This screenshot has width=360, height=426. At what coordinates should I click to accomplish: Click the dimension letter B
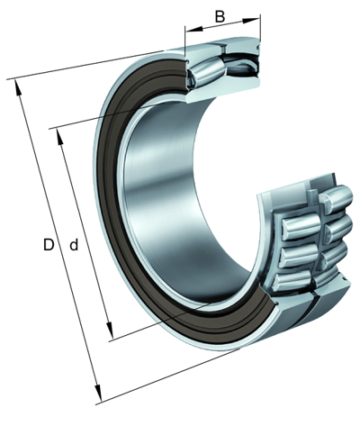click(220, 16)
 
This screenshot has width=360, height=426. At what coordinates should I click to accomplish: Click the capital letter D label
click(49, 245)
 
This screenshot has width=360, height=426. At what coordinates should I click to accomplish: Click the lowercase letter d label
click(74, 245)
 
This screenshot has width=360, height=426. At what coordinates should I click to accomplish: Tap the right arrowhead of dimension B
click(251, 21)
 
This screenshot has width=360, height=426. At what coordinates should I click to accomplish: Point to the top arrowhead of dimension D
click(17, 87)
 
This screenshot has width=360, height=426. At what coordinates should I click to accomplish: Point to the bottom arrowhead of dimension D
click(98, 392)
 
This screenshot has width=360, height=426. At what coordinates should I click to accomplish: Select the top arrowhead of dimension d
click(59, 137)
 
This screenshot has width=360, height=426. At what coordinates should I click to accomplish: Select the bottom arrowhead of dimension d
click(110, 331)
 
